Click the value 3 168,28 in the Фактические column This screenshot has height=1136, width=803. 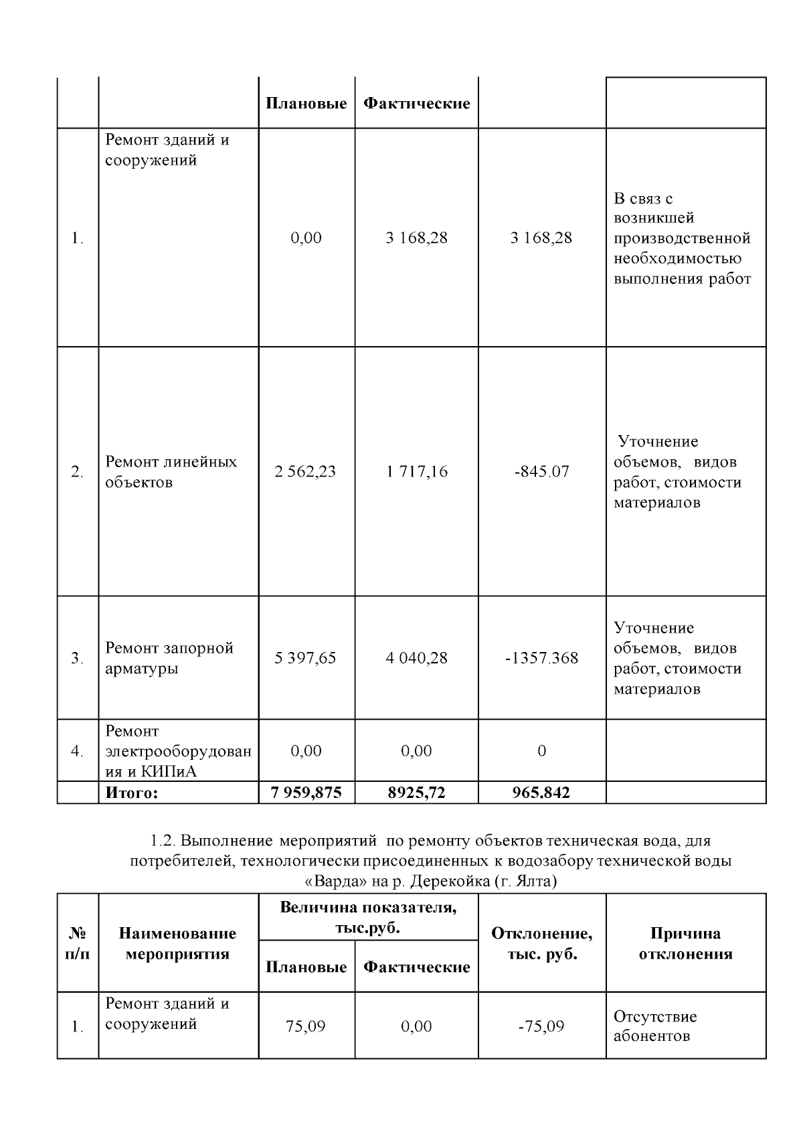point(416,238)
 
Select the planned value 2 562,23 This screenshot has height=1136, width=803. point(305,471)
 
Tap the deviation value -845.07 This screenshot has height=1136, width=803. point(541,471)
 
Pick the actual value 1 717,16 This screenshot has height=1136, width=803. point(416,471)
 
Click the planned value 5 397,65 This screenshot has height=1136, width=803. point(305,658)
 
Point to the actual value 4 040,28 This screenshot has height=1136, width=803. point(416,658)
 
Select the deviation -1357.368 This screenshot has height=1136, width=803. point(541,658)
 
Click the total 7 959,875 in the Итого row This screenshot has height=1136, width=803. point(306,793)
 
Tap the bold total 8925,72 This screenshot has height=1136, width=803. point(416,793)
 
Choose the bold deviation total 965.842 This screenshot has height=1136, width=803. point(541,793)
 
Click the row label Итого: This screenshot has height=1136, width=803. point(131,793)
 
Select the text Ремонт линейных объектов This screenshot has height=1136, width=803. point(171,472)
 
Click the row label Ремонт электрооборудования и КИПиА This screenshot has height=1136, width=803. point(178,751)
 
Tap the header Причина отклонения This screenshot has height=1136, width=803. point(685,943)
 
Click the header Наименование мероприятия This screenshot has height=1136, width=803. point(177,943)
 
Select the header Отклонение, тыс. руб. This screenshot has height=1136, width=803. point(541,943)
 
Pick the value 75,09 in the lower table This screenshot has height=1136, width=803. point(305,1026)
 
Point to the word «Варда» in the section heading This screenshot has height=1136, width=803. point(326,881)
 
